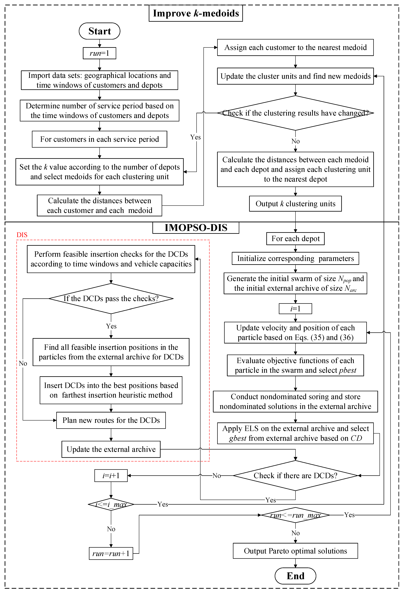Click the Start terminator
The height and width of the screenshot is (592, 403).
pyautogui.click(x=100, y=31)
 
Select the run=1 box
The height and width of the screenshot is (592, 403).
pyautogui.click(x=100, y=53)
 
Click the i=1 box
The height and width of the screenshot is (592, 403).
pyautogui.click(x=295, y=309)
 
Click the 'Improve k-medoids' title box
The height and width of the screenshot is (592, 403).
pyautogui.click(x=196, y=13)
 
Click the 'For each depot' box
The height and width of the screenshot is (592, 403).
pyautogui.click(x=295, y=239)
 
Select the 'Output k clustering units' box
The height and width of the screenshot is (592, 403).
pyautogui.click(x=295, y=204)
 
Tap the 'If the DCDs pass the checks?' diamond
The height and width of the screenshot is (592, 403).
pyautogui.click(x=111, y=298)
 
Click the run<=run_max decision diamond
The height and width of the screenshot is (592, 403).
pyautogui.click(x=295, y=515)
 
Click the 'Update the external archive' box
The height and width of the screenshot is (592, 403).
pyautogui.click(x=111, y=449)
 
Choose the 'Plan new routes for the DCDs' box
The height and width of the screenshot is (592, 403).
pyautogui.click(x=111, y=420)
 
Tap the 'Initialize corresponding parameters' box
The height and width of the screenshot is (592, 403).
pyautogui.click(x=295, y=259)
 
